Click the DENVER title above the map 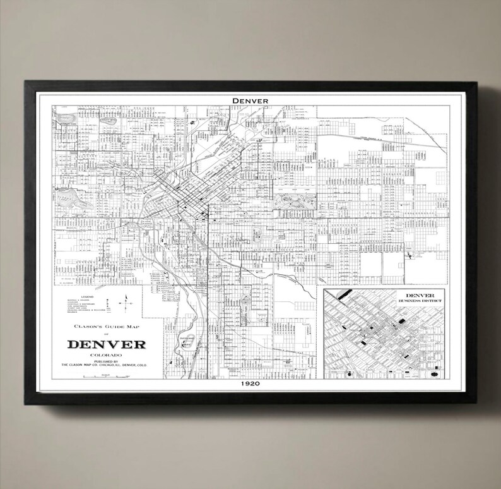[250, 100]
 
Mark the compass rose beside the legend [127, 303]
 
